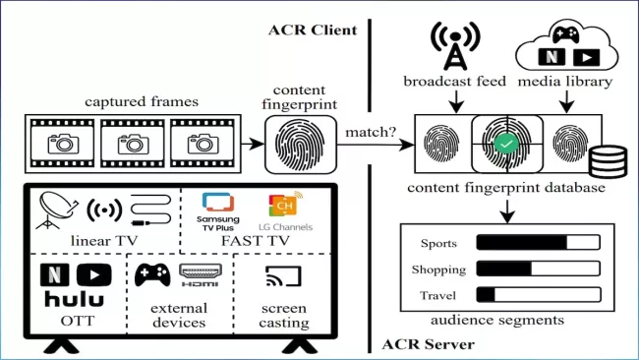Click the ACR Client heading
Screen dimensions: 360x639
tap(312, 30)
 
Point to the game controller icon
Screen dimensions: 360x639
tap(152, 276)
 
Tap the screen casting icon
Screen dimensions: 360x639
tap(283, 278)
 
